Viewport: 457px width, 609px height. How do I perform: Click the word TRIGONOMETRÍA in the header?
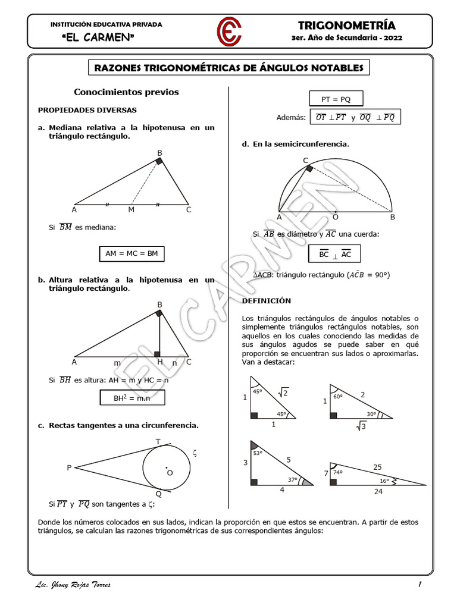(346, 25)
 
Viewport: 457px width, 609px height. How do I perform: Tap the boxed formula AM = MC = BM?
(132, 253)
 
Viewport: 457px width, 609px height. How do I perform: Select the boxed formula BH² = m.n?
(132, 400)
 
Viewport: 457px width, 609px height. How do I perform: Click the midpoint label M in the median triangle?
(132, 209)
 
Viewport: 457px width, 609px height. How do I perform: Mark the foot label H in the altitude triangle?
(159, 362)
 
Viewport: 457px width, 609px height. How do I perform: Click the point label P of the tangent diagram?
(69, 468)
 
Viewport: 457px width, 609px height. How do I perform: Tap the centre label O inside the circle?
(170, 472)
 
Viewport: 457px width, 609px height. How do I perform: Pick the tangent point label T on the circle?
(158, 441)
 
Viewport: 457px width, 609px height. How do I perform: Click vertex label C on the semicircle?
(306, 161)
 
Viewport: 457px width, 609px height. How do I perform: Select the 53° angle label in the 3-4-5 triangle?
(258, 453)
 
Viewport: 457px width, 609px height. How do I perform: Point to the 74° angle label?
(337, 472)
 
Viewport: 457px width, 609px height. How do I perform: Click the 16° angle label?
(384, 481)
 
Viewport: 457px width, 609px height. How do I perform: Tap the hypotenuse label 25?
(377, 467)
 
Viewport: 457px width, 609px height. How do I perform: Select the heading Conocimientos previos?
(126, 92)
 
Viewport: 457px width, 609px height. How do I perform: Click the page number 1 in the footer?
(420, 585)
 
